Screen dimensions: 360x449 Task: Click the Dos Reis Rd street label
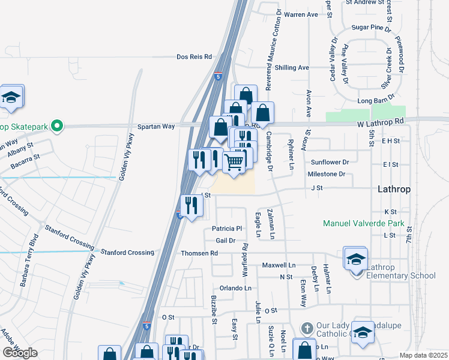coord(194,57)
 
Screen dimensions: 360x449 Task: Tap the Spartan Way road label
coord(156,127)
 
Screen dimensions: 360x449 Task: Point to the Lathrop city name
coord(394,189)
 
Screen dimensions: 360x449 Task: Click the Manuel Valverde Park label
coord(363,224)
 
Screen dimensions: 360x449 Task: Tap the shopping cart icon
coord(234,160)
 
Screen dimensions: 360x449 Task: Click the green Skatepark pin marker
coord(57,126)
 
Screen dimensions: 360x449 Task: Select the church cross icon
coord(306,329)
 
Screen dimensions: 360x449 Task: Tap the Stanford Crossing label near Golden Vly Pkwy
coord(127,253)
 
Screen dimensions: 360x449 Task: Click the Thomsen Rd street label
coord(199,253)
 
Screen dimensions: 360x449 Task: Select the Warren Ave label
coord(301,14)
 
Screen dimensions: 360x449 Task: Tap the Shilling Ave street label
coord(292,68)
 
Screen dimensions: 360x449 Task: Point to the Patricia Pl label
coord(227,229)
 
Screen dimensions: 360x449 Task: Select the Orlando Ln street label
coord(235,288)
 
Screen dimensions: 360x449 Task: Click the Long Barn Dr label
coord(375,101)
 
